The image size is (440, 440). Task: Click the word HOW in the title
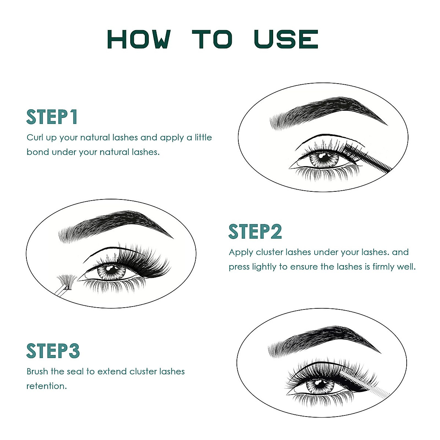pos(139,39)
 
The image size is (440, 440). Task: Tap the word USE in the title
pos(286,39)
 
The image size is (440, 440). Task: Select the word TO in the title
pos(212,39)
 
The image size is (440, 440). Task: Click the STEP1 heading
pos(52,117)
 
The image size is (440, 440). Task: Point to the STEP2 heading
pos(255,232)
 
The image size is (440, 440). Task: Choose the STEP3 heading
pos(53,351)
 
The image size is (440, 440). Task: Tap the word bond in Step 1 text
pos(37,152)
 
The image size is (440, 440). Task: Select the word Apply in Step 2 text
pos(241,252)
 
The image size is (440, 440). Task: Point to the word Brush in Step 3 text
pos(37,371)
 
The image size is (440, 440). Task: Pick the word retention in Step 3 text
pos(46,386)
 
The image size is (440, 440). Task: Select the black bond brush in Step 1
pos(368,158)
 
